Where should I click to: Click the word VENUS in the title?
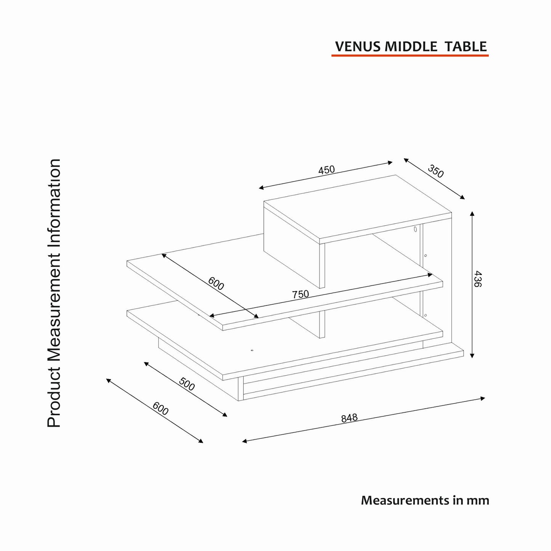coord(358,47)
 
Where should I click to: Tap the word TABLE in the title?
coord(466,47)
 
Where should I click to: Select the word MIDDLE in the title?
coord(411,47)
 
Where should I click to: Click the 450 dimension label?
coord(326,170)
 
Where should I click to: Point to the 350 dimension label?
coord(435,171)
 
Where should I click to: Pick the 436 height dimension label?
coord(477,279)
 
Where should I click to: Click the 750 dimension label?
coord(300,294)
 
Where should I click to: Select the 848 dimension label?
coord(349,418)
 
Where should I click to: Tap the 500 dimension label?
coord(187,384)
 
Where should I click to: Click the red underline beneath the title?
coord(410,55)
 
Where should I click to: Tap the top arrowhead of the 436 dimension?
coord(472,214)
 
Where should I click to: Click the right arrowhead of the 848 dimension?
coord(482,398)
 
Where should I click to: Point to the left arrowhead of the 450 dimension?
coord(261,188)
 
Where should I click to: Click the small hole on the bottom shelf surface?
coord(252,350)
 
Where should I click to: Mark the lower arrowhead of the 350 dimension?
coord(462,197)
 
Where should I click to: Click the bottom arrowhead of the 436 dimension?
coord(472,355)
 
